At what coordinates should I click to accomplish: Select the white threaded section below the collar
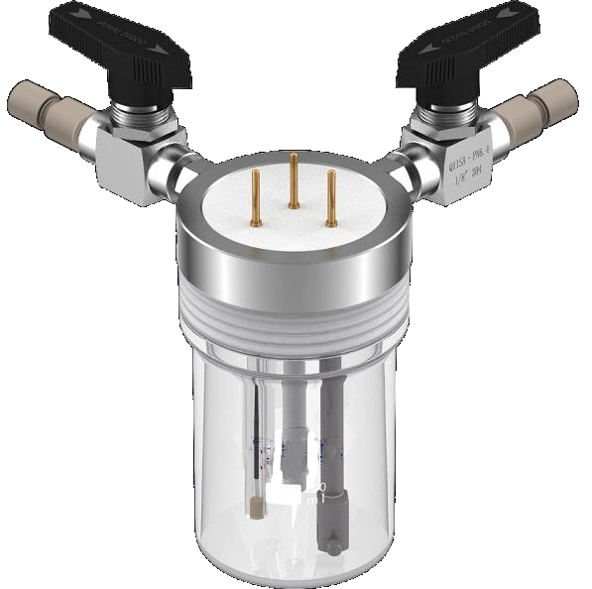click(x=294, y=318)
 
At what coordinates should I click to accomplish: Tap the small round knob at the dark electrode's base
click(x=334, y=544)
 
